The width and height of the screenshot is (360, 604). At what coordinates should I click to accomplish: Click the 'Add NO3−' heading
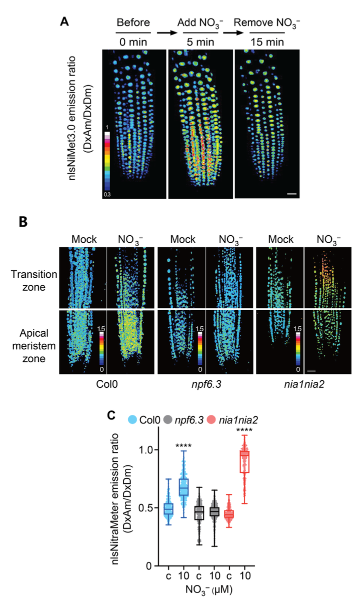[x=198, y=23]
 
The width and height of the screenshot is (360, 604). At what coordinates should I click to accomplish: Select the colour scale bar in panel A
[x=106, y=163]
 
